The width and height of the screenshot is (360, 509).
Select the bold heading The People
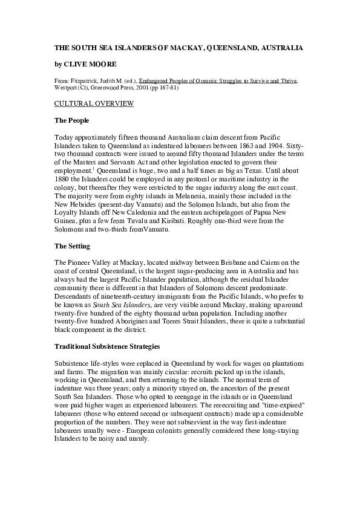tap(72, 121)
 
